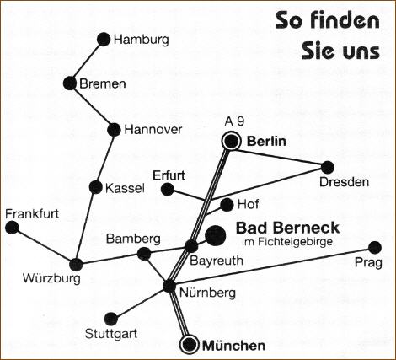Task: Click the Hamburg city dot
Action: click(104, 40)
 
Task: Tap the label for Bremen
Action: click(103, 84)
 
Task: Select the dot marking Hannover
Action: click(114, 130)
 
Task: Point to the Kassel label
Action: click(125, 188)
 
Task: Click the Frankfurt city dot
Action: click(12, 228)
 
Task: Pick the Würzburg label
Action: click(51, 278)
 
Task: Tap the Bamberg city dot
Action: click(144, 254)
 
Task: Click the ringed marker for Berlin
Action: click(232, 141)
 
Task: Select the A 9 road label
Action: click(234, 121)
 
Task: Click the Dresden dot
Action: click(328, 168)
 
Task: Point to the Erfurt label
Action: click(169, 175)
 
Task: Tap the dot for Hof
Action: click(227, 205)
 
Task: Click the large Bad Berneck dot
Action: click(216, 235)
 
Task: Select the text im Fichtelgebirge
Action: click(287, 242)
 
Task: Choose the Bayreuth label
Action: click(217, 261)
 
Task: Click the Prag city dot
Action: click(375, 248)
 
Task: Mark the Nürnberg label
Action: click(207, 293)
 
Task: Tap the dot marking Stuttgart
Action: click(111, 319)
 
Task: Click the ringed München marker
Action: click(190, 344)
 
